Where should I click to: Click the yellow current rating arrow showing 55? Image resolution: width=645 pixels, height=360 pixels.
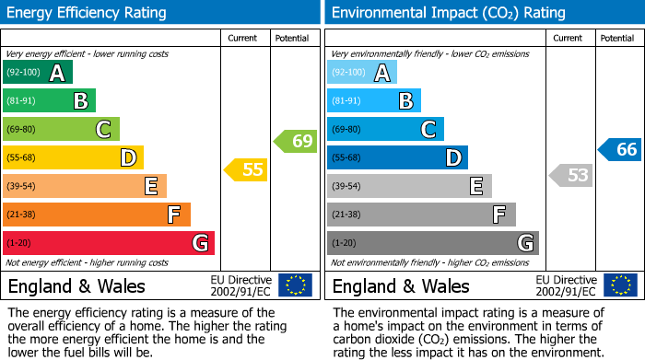(x=246, y=169)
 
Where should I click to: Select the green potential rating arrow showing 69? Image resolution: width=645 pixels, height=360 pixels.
(x=296, y=141)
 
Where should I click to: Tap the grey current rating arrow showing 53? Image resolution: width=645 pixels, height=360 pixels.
(x=570, y=175)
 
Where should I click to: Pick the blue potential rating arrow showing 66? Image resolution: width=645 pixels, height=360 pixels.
(x=620, y=149)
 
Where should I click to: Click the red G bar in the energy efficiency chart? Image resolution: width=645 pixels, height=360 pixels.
(x=109, y=243)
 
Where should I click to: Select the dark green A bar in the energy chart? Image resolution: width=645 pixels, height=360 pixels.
(x=38, y=73)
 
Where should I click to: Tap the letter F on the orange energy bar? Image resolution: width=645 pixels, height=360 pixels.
(x=173, y=215)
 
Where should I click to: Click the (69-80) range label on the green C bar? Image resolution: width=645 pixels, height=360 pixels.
(x=22, y=130)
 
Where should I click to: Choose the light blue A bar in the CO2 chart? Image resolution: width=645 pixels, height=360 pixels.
(x=362, y=73)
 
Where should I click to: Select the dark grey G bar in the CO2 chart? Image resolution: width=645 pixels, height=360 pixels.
(x=432, y=243)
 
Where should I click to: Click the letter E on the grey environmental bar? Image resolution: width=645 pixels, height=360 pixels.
(x=475, y=187)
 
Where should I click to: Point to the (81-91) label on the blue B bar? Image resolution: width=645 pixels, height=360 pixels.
(x=346, y=101)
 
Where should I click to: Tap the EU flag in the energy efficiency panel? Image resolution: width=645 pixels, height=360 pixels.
(x=295, y=285)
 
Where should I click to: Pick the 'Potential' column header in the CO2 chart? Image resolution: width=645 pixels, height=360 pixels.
(x=616, y=38)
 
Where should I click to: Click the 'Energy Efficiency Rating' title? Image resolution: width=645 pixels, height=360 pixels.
(x=87, y=13)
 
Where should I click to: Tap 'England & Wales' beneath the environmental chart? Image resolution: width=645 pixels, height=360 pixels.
(x=401, y=286)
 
